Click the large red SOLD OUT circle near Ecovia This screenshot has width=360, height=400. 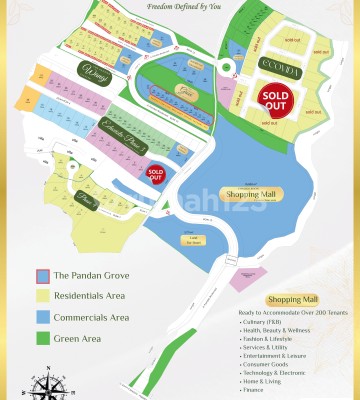click(276, 98)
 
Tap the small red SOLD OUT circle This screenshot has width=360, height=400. click(155, 174)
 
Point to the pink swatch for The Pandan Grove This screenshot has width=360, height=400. click(42, 276)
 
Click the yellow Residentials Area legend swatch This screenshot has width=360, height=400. click(42, 296)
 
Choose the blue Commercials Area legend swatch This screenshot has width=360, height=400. click(42, 317)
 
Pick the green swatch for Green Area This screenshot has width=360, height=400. click(42, 338)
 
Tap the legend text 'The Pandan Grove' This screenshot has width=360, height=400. click(91, 276)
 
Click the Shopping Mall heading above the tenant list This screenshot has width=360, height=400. click(291, 300)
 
